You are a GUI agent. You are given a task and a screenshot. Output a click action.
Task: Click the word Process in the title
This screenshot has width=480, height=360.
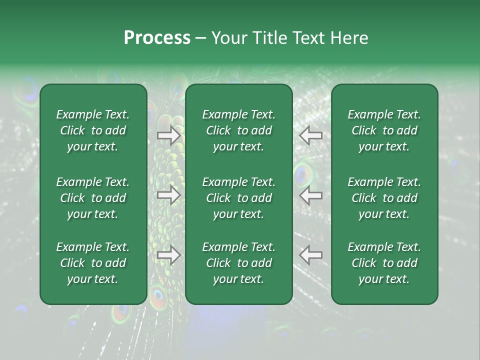(157, 38)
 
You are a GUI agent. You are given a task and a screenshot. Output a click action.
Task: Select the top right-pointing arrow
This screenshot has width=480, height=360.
(169, 135)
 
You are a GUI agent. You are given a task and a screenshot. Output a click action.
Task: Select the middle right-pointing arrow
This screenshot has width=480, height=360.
(169, 195)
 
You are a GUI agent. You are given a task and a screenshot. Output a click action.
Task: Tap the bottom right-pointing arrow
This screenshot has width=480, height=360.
(169, 255)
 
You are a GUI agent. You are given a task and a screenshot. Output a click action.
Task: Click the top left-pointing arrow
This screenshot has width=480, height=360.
(310, 135)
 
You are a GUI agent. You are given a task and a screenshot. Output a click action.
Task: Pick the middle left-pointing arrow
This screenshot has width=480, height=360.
(310, 195)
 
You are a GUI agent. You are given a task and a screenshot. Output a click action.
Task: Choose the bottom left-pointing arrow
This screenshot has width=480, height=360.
(310, 255)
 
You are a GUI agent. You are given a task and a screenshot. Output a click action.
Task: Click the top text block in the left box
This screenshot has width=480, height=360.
(93, 130)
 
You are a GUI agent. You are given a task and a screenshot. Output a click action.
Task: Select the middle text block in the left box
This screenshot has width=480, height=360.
(93, 198)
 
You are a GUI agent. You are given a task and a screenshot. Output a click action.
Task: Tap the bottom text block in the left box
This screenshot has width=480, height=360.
(93, 263)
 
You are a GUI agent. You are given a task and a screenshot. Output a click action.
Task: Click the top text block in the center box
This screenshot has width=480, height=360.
(239, 130)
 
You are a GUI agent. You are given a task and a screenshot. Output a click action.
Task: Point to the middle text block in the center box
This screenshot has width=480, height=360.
(239, 198)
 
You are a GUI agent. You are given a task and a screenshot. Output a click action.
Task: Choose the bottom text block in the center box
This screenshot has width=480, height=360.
(239, 263)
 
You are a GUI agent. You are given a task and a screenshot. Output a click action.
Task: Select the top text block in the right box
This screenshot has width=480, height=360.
(384, 130)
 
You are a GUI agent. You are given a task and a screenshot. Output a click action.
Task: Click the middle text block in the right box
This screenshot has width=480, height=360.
(384, 198)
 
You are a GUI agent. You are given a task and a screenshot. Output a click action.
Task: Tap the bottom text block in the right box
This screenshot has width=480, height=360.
(384, 263)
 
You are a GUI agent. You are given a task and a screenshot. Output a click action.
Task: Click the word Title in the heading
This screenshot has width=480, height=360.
(270, 38)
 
